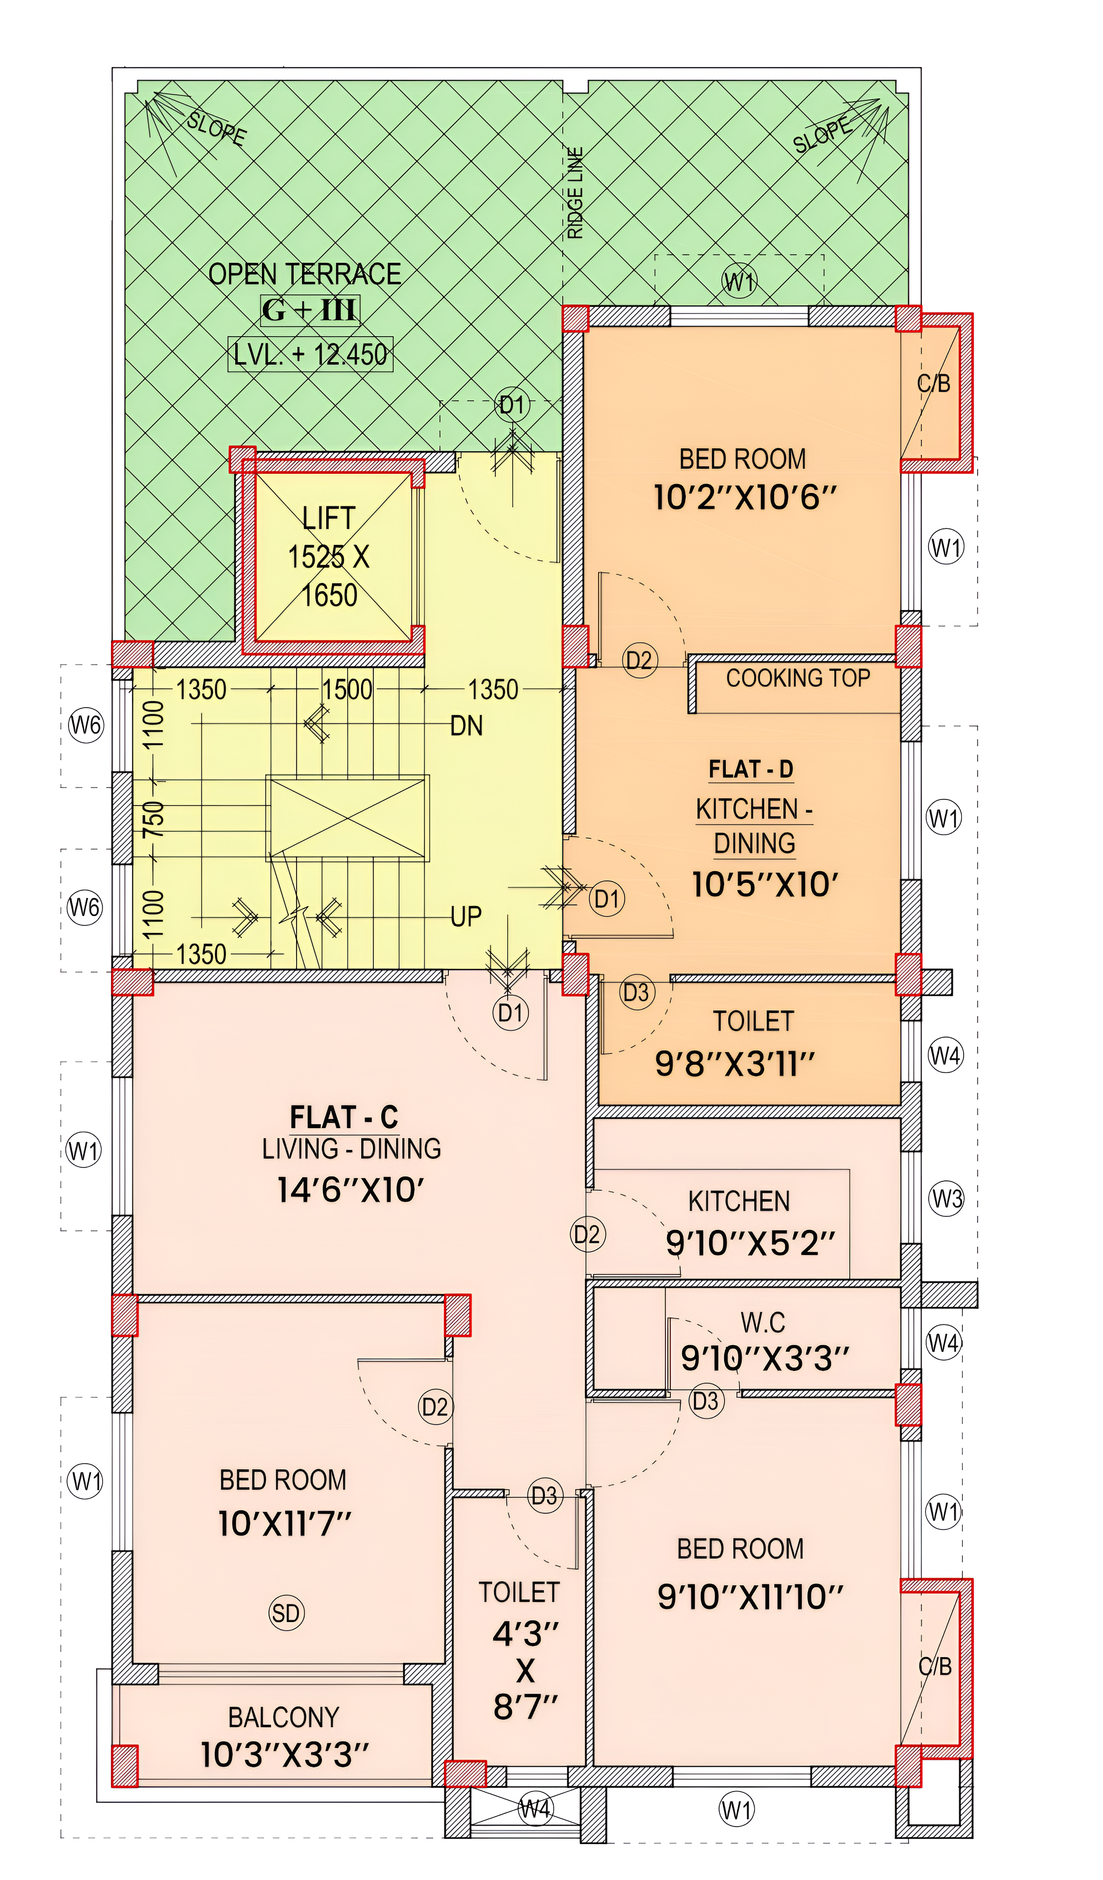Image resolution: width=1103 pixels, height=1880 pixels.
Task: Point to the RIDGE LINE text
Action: pos(575,192)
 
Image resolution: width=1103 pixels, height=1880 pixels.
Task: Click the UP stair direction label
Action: pos(466,916)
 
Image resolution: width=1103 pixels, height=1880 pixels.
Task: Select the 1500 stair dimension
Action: pos(347,689)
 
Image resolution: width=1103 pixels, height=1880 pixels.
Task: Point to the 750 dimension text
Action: pos(153,819)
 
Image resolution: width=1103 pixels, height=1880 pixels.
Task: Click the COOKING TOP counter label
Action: pos(798,678)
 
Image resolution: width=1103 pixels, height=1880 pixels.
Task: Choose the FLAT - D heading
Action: pos(751,769)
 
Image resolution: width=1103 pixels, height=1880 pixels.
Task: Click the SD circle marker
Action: pos(286,1613)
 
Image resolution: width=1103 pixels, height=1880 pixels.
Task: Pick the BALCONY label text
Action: pos(283,1716)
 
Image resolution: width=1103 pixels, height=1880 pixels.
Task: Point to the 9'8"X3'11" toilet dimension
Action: pos(735,1064)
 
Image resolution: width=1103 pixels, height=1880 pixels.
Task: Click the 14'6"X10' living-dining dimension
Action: pos(350,1190)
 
